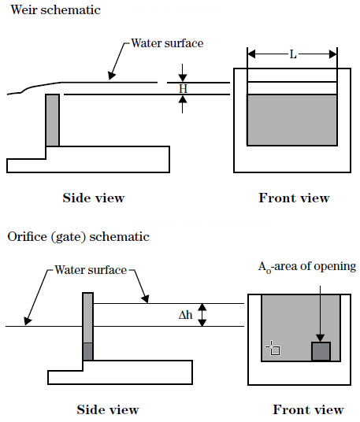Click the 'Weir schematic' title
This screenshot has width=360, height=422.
click(56, 10)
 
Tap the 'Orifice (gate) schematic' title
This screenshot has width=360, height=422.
click(78, 237)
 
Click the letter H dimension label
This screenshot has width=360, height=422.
click(183, 88)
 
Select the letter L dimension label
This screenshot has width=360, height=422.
click(293, 54)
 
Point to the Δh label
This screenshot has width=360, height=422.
click(186, 315)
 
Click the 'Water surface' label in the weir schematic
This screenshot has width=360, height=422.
click(167, 43)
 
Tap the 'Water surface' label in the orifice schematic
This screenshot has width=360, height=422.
click(91, 270)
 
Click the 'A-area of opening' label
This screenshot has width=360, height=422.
click(307, 267)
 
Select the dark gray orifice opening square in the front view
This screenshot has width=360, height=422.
click(321, 351)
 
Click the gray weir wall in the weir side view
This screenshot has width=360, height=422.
click(53, 120)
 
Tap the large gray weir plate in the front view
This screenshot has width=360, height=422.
click(292, 120)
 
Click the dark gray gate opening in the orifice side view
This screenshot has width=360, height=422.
click(88, 351)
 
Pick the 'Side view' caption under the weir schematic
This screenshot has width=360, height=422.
click(94, 198)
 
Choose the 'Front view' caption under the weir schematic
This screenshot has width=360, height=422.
click(294, 198)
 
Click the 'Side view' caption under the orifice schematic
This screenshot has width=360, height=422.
click(108, 409)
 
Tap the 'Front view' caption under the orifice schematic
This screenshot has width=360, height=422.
click(308, 409)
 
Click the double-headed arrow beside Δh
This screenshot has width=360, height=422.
click(202, 315)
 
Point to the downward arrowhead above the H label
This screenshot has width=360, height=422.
click(183, 77)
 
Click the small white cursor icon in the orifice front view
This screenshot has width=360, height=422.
click(273, 348)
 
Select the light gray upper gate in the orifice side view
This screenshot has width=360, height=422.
click(88, 317)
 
